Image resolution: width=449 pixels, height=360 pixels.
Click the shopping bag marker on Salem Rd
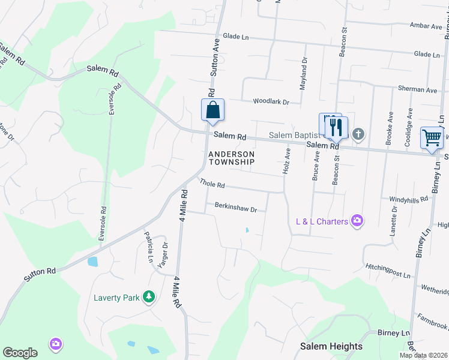coord(212,110)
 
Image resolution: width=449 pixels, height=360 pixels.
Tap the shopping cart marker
coord(432,138)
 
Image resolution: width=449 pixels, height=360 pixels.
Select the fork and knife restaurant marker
coord(336,127)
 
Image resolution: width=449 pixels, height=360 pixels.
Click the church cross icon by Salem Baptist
coord(358,134)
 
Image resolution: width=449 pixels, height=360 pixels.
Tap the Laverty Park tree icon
coord(148,297)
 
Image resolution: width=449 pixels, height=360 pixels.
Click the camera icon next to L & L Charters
coord(358,221)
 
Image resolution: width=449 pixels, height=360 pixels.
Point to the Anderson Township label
coord(232,158)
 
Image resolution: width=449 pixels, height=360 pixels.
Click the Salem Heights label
coord(331,346)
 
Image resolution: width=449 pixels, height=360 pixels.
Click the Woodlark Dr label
coord(271,102)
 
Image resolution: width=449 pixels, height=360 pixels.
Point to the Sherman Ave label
coord(418,89)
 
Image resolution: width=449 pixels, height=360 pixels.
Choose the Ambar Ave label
coord(426,26)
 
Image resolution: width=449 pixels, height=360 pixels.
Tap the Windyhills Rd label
coord(409,199)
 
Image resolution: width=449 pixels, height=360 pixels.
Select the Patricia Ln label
coord(148,243)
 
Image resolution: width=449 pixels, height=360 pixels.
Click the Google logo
coord(20,353)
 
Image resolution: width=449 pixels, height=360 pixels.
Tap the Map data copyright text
coord(423,355)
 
